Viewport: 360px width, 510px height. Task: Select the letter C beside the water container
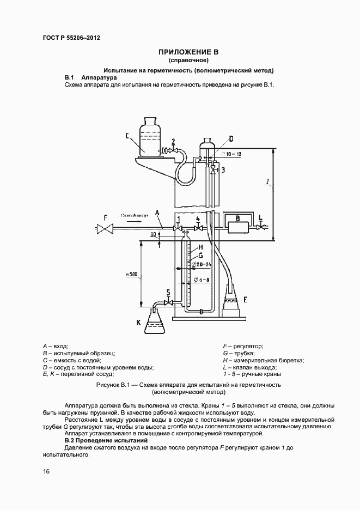pyautogui.click(x=126, y=136)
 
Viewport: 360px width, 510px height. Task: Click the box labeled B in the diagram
pyautogui.click(x=237, y=224)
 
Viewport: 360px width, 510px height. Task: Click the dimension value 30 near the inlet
pyautogui.click(x=154, y=235)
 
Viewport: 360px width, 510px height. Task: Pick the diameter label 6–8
pyautogui.click(x=200, y=281)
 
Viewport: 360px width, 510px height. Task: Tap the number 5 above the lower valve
pyautogui.click(x=168, y=292)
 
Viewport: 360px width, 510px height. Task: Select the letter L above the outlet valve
pyautogui.click(x=261, y=217)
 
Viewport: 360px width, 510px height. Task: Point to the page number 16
pyautogui.click(x=46, y=471)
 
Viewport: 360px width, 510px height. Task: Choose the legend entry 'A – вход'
pyautogui.click(x=54, y=346)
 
